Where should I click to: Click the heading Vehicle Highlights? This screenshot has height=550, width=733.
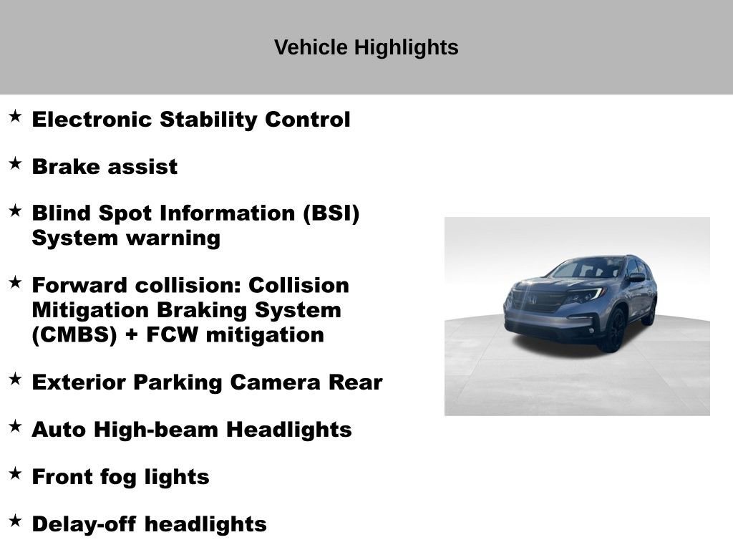pyautogui.click(x=366, y=47)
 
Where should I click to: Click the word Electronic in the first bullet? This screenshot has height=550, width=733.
pyautogui.click(x=92, y=120)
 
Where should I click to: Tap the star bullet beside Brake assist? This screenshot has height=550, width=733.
pyautogui.click(x=16, y=164)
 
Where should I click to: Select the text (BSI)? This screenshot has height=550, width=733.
pyautogui.click(x=331, y=213)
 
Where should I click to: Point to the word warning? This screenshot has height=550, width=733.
pyautogui.click(x=173, y=238)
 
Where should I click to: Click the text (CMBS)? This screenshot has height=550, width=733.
pyautogui.click(x=74, y=335)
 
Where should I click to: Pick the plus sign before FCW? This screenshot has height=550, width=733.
pyautogui.click(x=132, y=335)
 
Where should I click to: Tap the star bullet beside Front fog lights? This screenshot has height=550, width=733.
pyautogui.click(x=16, y=473)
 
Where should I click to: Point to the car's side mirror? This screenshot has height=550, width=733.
pyautogui.click(x=636, y=277)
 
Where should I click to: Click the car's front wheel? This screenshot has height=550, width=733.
pyautogui.click(x=613, y=329)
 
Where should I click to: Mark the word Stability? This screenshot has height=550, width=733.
pyautogui.click(x=208, y=120)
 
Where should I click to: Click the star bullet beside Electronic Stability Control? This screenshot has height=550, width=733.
pyautogui.click(x=16, y=116)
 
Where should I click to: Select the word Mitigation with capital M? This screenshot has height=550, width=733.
pyautogui.click(x=90, y=311)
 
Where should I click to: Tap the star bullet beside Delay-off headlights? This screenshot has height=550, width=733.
pyautogui.click(x=16, y=521)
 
